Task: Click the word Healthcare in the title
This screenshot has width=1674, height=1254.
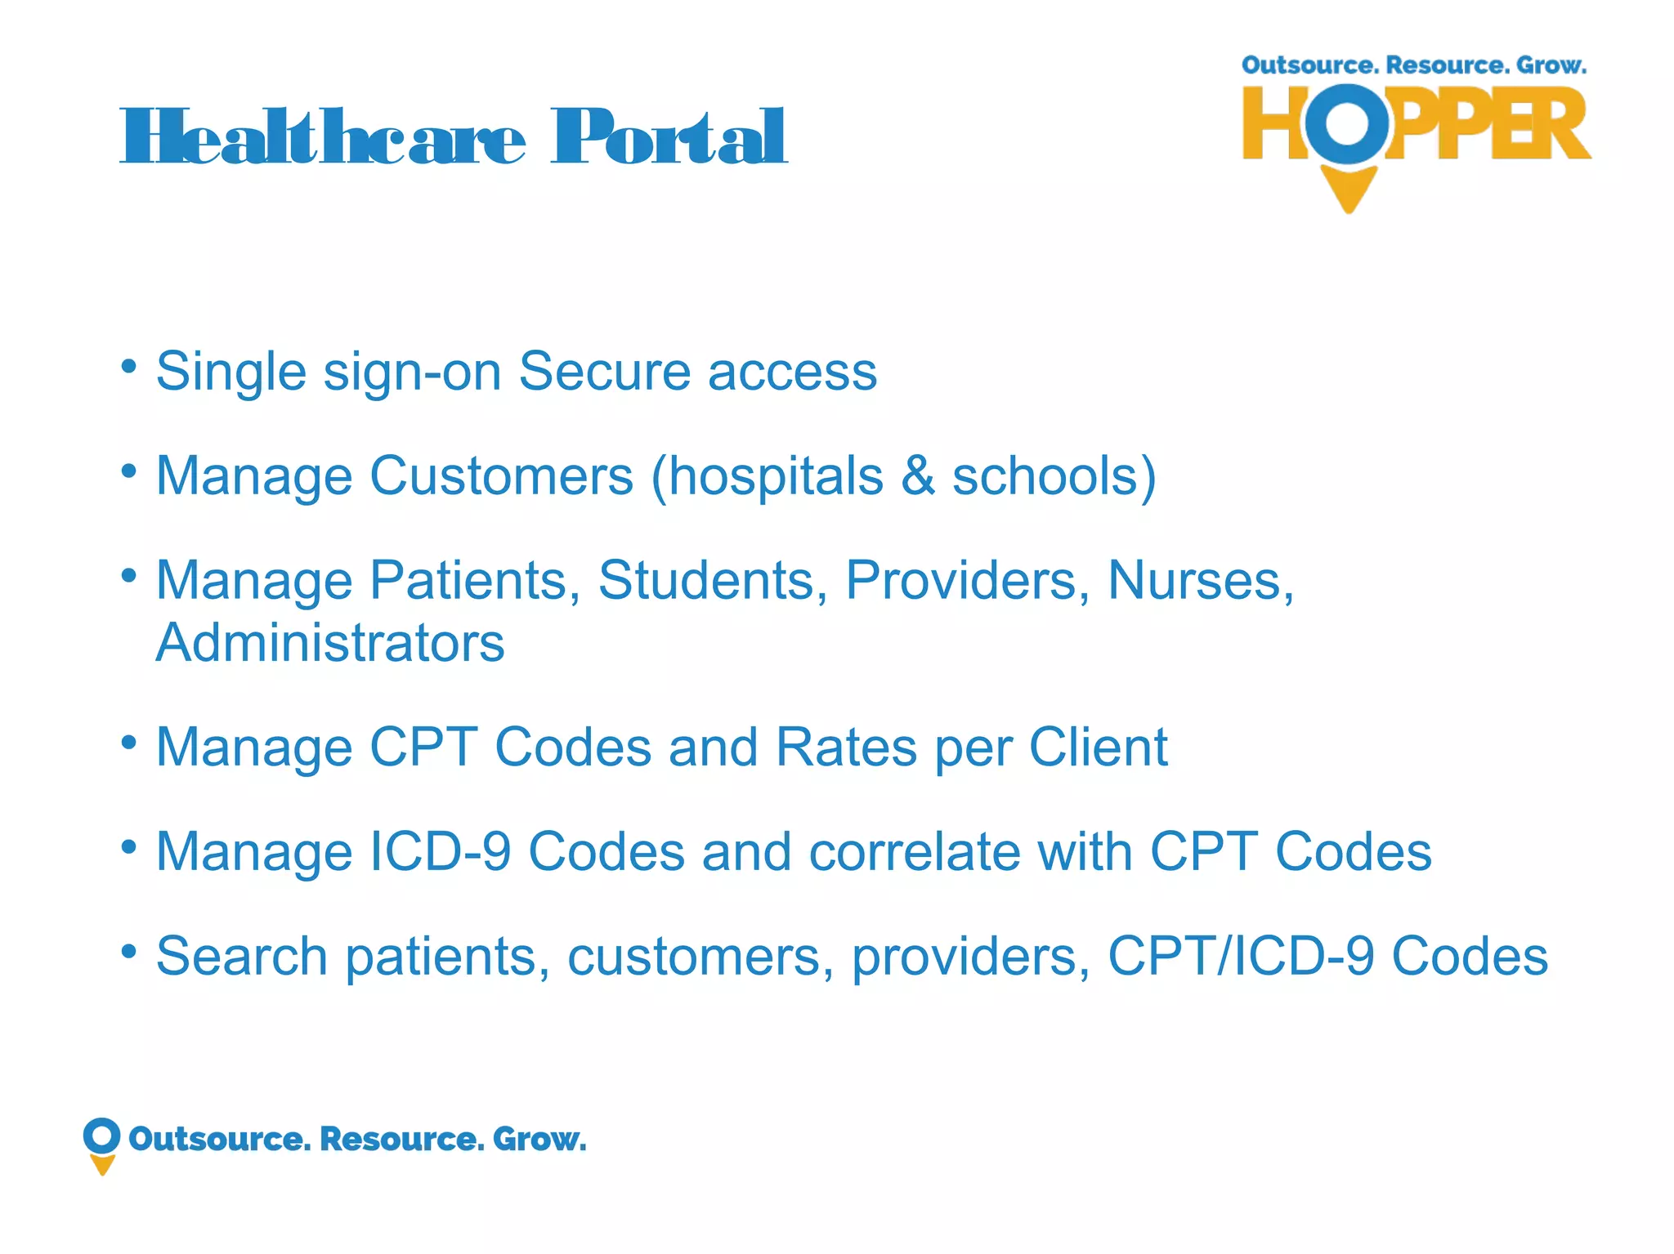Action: [x=323, y=137]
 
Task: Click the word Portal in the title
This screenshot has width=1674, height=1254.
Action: [x=669, y=137]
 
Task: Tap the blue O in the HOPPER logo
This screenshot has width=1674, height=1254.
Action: [x=1346, y=123]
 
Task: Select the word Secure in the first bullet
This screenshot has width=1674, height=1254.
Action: [x=604, y=372]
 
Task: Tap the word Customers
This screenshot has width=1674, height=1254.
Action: [x=501, y=475]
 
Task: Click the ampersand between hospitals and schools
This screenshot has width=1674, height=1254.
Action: [x=917, y=475]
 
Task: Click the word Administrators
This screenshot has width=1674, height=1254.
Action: [x=330, y=643]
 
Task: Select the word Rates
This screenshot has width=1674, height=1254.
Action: [x=846, y=747]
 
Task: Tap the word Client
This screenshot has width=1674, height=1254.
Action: [x=1098, y=747]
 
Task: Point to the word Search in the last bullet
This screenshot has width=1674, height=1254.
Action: [x=241, y=956]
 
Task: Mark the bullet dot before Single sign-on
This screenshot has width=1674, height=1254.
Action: [x=128, y=365]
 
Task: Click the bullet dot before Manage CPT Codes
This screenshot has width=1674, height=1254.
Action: [x=128, y=742]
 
